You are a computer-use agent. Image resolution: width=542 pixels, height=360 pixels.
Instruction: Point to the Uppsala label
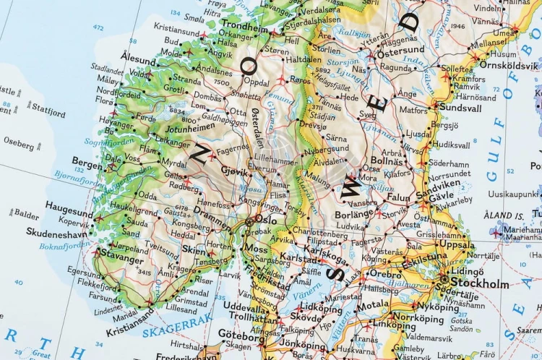coord(458,245)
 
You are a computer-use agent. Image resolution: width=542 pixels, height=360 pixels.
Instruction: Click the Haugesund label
coord(69,205)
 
